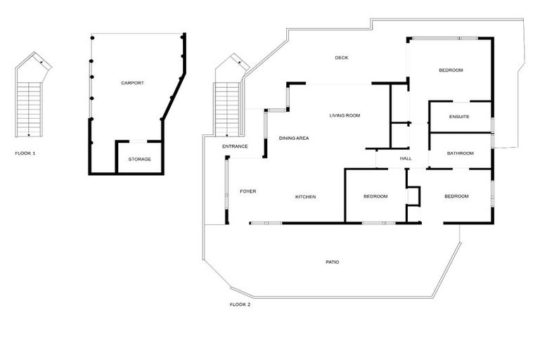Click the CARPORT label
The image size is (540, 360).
[x=132, y=83]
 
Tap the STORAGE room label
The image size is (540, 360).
[x=139, y=159]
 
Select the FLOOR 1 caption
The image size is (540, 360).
[x=25, y=153]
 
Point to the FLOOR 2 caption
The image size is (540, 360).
[x=240, y=304]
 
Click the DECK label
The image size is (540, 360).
[x=342, y=58]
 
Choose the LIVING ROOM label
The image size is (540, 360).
[x=345, y=115]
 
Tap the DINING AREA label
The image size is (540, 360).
[x=294, y=138]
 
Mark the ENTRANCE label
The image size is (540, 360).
[x=235, y=146]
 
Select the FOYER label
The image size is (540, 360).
[x=247, y=191]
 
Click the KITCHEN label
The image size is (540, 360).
[x=305, y=197]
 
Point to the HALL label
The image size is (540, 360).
[x=406, y=159]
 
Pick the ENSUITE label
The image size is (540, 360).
[x=459, y=116]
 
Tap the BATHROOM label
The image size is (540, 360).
[x=460, y=153]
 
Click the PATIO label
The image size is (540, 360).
[x=333, y=262]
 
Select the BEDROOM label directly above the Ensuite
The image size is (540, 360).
[x=451, y=70]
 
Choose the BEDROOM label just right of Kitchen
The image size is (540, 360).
[x=375, y=196]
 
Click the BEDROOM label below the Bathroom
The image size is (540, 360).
[x=456, y=196]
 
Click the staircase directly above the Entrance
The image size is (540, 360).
[x=227, y=109]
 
